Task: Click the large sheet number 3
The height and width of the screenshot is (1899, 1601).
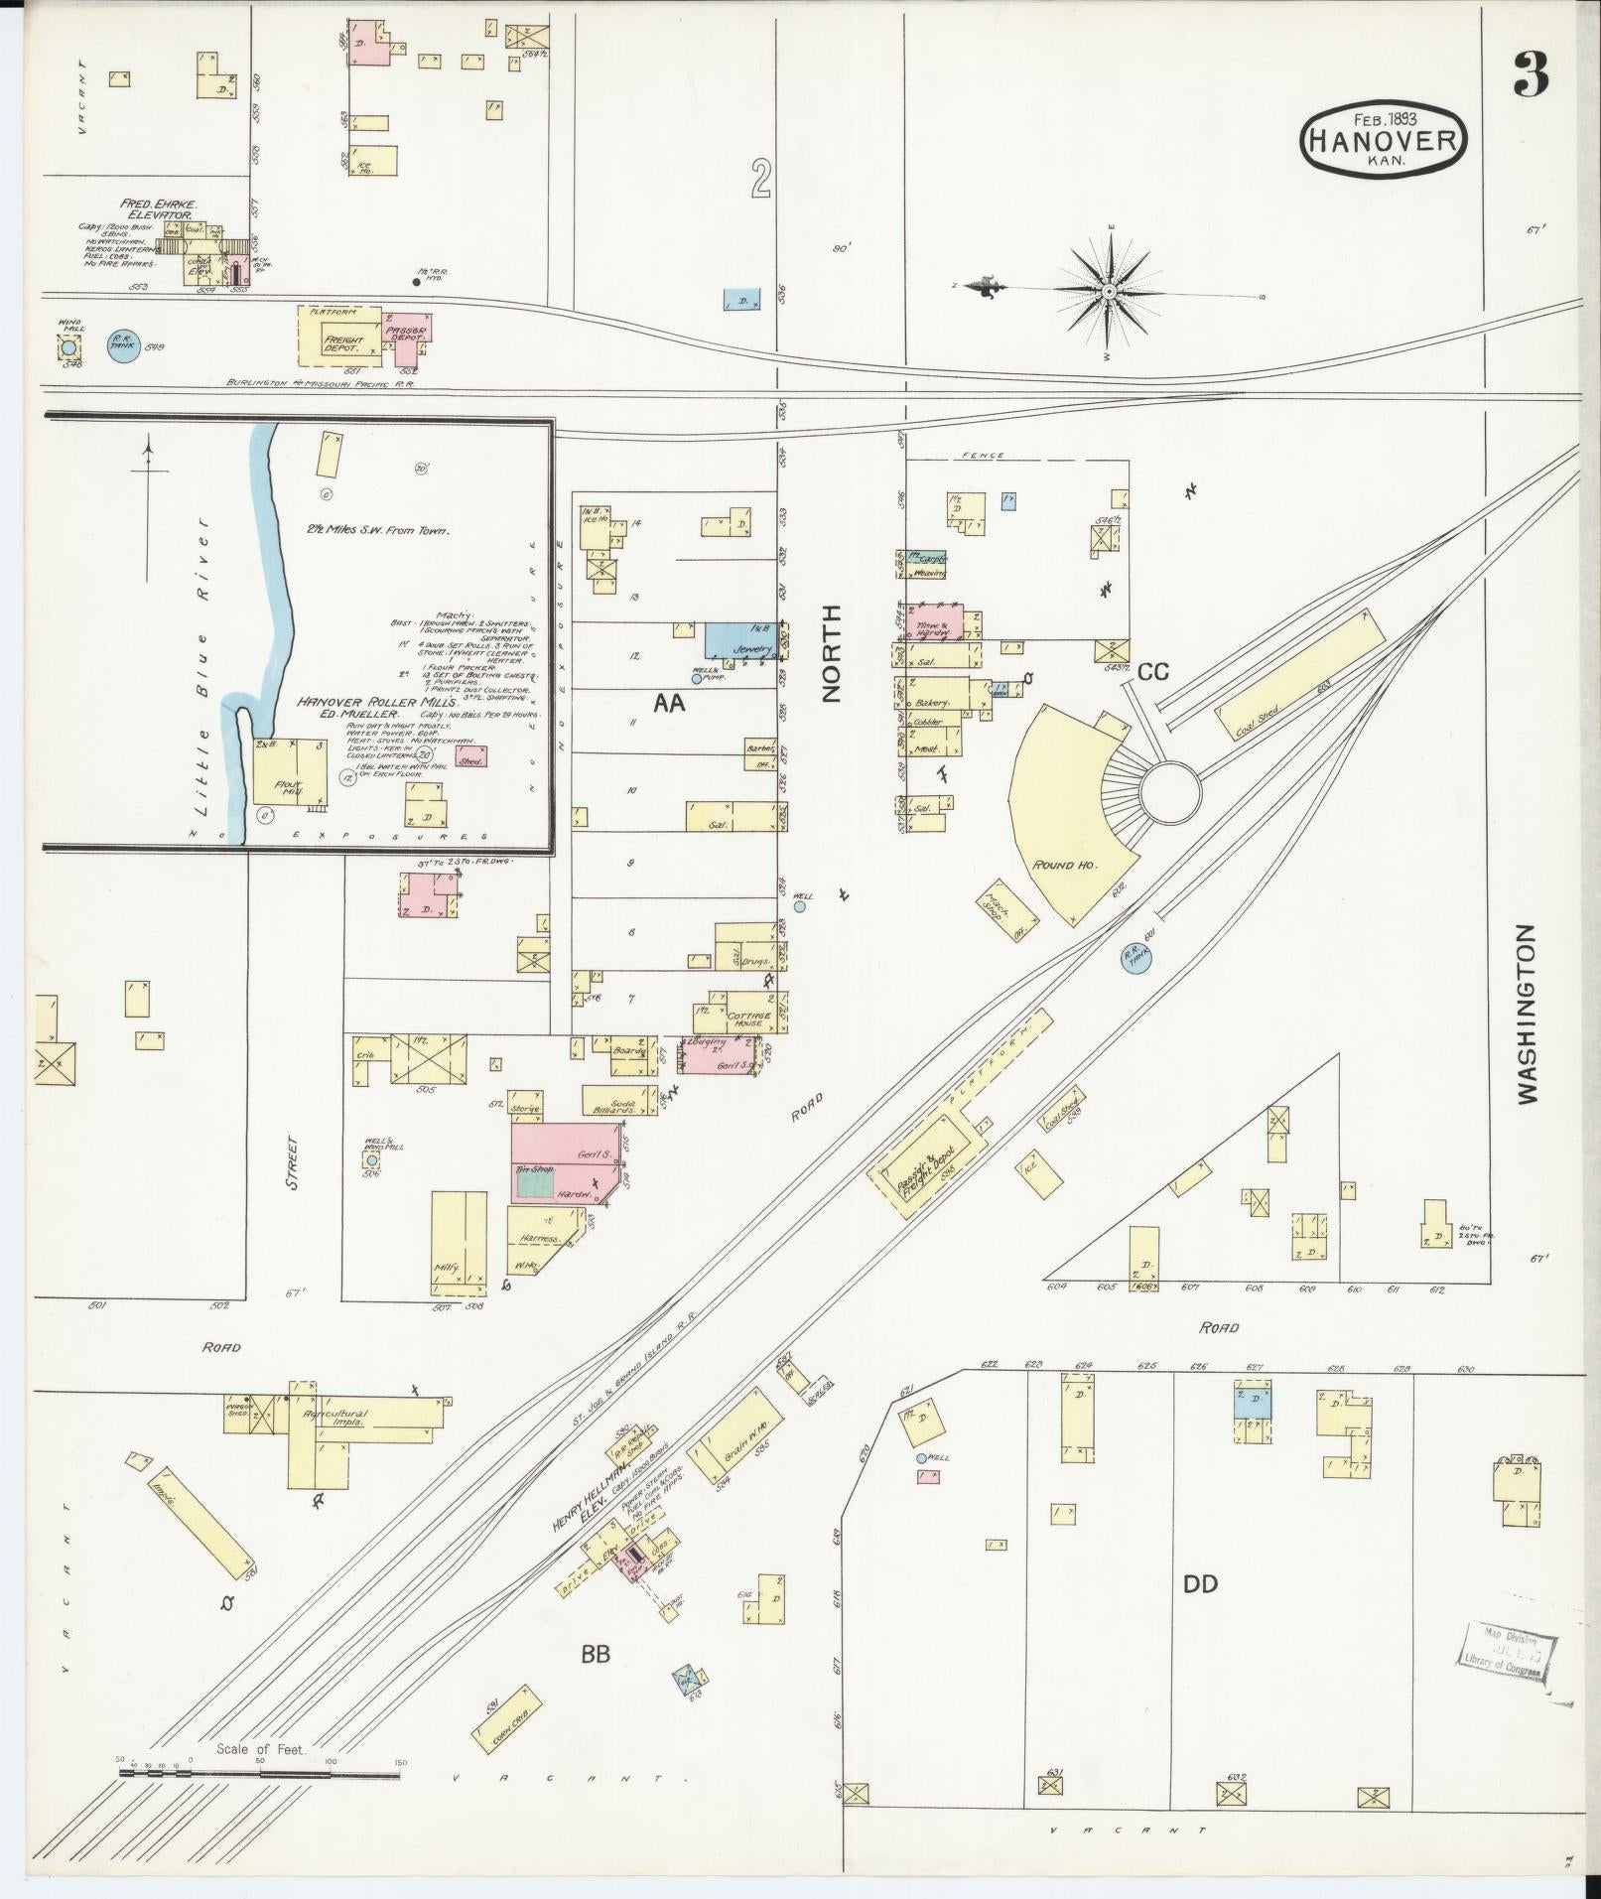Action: click(1531, 74)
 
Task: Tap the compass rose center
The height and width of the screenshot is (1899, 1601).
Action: click(1108, 290)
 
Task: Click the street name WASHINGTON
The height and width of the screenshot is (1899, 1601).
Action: click(1527, 1014)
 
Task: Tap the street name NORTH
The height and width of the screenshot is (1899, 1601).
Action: click(831, 653)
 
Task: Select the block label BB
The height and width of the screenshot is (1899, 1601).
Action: click(596, 1654)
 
